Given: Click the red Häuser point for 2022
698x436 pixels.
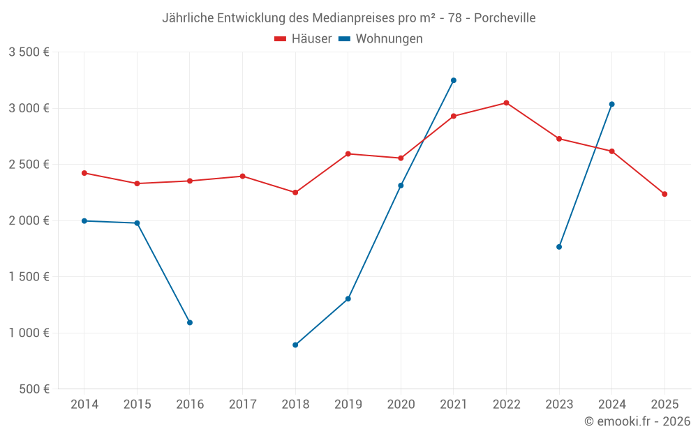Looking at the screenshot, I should pyautogui.click(x=506, y=103).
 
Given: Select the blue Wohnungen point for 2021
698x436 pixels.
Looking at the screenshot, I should pyautogui.click(x=453, y=80).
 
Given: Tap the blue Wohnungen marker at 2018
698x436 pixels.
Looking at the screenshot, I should pyautogui.click(x=295, y=345).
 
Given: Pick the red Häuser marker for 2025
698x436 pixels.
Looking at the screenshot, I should pyautogui.click(x=664, y=194).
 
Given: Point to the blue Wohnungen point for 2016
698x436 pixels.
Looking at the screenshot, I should pyautogui.click(x=190, y=322).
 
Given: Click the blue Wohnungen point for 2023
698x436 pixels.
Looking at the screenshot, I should pyautogui.click(x=559, y=247).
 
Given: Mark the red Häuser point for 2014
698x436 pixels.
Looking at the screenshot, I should pyautogui.click(x=84, y=173).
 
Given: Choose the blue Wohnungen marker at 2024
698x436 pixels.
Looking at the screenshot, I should pyautogui.click(x=611, y=104).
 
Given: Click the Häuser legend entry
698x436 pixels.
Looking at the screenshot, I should pyautogui.click(x=303, y=39).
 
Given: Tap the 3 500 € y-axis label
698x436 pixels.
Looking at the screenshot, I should pyautogui.click(x=29, y=52).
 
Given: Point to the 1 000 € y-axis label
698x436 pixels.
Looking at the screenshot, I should pyautogui.click(x=29, y=333).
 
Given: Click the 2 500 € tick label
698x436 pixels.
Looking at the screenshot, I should pyautogui.click(x=29, y=165).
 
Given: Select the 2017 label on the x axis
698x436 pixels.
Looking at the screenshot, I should pyautogui.click(x=242, y=405).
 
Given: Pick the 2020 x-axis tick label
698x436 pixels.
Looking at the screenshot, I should pyautogui.click(x=401, y=405).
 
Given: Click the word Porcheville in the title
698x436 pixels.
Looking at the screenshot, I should pyautogui.click(x=505, y=18).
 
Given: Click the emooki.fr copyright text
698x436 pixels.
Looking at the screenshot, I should pyautogui.click(x=637, y=421).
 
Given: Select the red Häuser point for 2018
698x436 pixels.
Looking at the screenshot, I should pyautogui.click(x=295, y=193).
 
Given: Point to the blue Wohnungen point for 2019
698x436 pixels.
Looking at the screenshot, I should pyautogui.click(x=348, y=299).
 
